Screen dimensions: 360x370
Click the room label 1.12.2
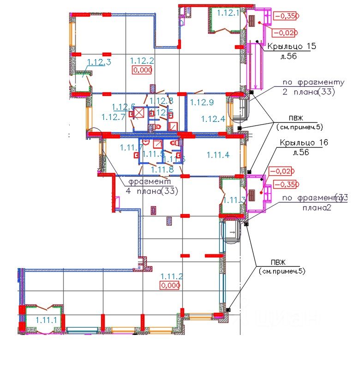pos(142,60)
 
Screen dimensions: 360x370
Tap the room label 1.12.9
pos(202,102)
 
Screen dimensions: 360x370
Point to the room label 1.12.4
pos(213,119)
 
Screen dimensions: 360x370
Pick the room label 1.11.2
pos(172,276)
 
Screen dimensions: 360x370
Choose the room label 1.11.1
pos(46,320)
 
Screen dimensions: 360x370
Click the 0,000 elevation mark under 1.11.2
pos(170,285)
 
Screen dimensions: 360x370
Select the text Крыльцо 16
pos(303,143)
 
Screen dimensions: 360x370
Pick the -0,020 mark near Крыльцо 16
pos(281,171)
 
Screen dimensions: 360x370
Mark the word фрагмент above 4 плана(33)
pos(149,182)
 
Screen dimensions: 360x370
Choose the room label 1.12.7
pos(113,117)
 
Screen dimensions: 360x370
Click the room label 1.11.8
pos(162,169)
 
